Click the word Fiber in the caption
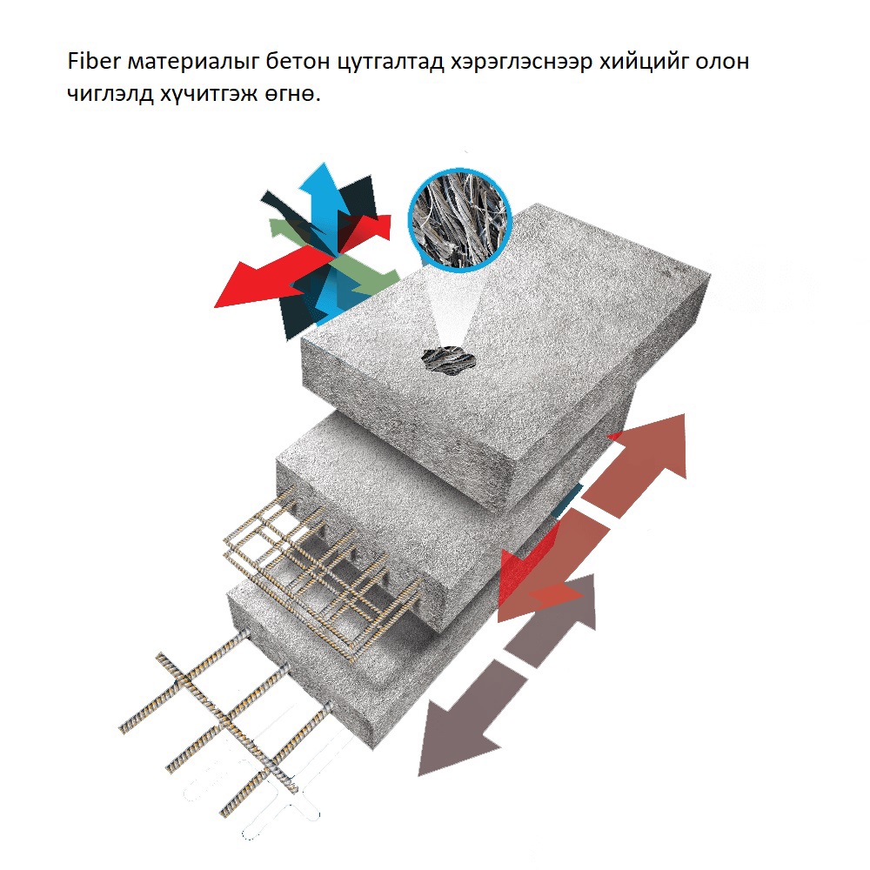[94, 61]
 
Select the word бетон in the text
[297, 61]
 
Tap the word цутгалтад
[391, 62]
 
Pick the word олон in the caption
[722, 62]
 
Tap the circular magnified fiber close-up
[460, 218]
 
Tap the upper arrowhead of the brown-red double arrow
[658, 444]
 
